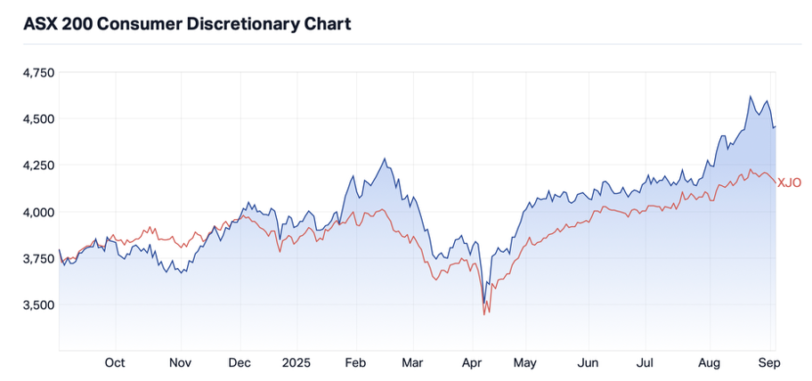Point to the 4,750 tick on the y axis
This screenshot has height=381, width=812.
pos(37,72)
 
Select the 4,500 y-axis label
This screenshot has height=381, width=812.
pos(37,118)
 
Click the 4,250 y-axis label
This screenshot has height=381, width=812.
pos(37,165)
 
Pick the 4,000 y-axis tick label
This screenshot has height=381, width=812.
pos(37,212)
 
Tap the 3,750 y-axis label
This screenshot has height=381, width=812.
pos(37,258)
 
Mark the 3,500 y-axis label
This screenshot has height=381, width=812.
pos(37,304)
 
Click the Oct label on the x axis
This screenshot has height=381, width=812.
pos(115,363)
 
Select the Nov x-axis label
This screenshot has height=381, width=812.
pos(180,363)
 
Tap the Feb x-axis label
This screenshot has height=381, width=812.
pos(356,363)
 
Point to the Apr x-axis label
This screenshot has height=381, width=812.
pos(473,363)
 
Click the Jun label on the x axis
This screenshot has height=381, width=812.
pos(589,363)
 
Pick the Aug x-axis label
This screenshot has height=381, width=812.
pos(710,363)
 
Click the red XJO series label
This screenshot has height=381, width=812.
pos(790,182)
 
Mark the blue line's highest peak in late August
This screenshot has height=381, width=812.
pos(751,96)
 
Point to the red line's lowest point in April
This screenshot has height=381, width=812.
pos(483,314)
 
